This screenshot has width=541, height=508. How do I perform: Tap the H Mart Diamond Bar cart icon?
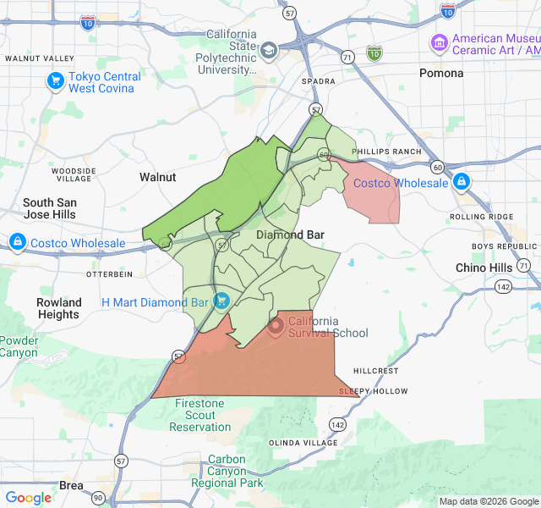click(x=221, y=301)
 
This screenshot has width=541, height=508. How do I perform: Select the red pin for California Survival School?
click(x=276, y=325)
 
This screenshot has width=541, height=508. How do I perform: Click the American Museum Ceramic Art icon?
click(x=439, y=42)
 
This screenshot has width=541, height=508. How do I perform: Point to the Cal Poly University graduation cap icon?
click(x=269, y=50)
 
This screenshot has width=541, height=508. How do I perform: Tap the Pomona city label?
click(x=441, y=73)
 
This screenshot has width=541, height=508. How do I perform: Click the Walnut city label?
click(x=157, y=177)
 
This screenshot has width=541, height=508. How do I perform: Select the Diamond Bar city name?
click(x=290, y=235)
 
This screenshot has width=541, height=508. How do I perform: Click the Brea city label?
click(x=71, y=485)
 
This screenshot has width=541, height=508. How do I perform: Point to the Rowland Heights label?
click(x=59, y=308)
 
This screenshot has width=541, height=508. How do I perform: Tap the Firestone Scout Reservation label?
click(x=200, y=415)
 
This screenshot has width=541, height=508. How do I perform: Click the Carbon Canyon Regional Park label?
click(x=227, y=472)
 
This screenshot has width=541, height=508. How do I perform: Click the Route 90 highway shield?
click(x=99, y=497)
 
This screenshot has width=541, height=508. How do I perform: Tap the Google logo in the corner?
click(x=28, y=497)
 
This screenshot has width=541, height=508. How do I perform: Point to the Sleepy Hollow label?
click(x=373, y=391)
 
